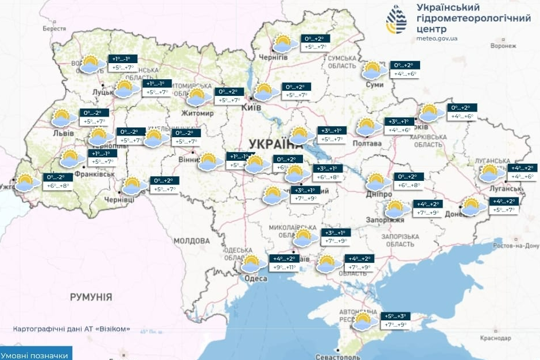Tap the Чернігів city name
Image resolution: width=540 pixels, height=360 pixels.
click(x=273, y=57)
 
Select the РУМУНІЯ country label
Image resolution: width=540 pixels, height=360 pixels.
click(x=91, y=297)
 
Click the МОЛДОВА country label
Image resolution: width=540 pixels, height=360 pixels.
click(x=192, y=241)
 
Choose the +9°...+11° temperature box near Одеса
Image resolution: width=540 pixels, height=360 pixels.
click(x=283, y=268)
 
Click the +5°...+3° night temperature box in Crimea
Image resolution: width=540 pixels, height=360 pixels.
click(x=395, y=316)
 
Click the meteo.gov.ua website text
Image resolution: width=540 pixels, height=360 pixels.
click(x=438, y=38)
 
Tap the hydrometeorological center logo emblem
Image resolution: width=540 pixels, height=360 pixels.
click(x=397, y=21)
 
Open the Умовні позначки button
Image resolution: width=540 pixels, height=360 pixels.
click(x=36, y=355)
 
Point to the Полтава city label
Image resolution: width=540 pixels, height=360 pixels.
click(x=368, y=143)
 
